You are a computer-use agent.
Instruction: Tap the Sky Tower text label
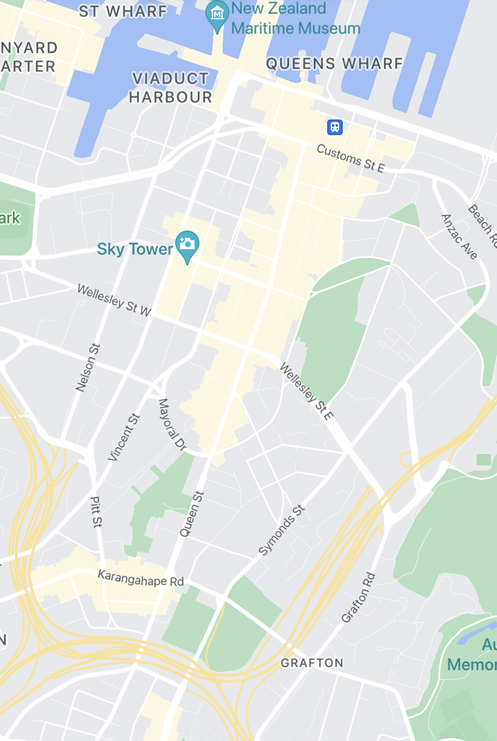[x=134, y=249]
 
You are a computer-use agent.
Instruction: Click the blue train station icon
[x=334, y=127]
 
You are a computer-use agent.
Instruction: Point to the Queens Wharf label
[x=334, y=63]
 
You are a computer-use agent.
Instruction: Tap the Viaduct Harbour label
[x=172, y=88]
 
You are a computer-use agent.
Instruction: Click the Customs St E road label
[x=350, y=158]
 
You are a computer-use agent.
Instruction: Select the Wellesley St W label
[x=115, y=300]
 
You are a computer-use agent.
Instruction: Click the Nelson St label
[x=88, y=367]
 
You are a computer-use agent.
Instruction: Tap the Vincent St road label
[x=124, y=437]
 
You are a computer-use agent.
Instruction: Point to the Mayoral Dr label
[x=172, y=424]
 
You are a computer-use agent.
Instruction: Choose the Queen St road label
[x=192, y=514]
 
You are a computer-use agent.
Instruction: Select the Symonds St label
[x=282, y=530]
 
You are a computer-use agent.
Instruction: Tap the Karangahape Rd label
[x=141, y=578]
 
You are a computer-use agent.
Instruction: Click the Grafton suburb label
[x=312, y=663]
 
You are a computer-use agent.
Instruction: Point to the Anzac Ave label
[x=459, y=237]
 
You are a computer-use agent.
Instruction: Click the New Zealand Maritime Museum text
[x=295, y=18]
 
